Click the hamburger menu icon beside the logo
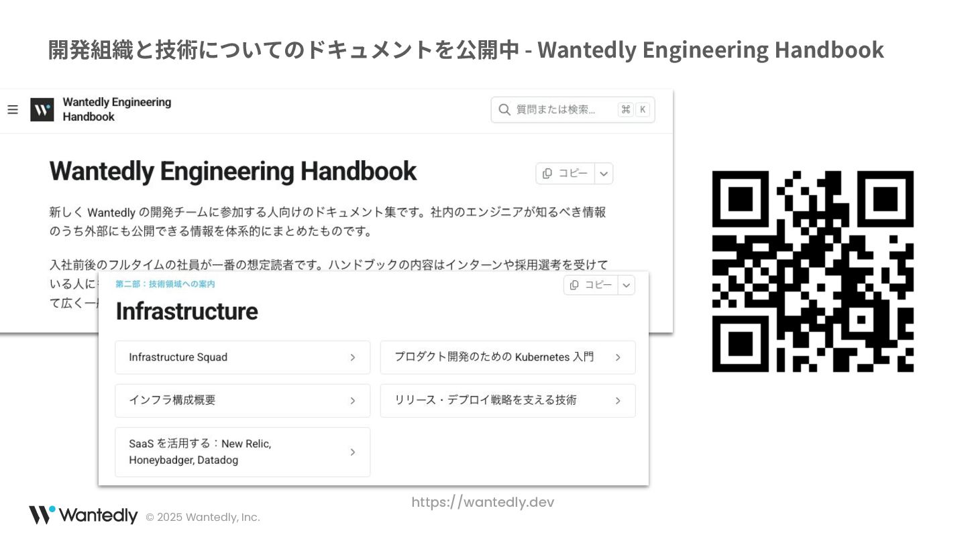click(13, 109)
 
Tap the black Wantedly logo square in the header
click(42, 109)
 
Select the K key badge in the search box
click(642, 110)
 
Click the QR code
click(812, 271)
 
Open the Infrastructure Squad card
click(242, 357)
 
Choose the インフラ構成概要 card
click(242, 400)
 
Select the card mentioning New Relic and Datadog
click(242, 452)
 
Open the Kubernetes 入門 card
click(507, 357)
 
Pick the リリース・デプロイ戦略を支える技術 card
click(507, 400)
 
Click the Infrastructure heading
click(186, 312)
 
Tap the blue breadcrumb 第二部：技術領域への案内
click(165, 284)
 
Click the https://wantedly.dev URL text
click(482, 502)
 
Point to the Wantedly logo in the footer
click(83, 516)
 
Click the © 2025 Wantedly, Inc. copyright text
click(203, 517)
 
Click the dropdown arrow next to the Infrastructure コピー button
click(626, 285)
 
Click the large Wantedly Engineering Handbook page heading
click(233, 172)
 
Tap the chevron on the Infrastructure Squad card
click(352, 357)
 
